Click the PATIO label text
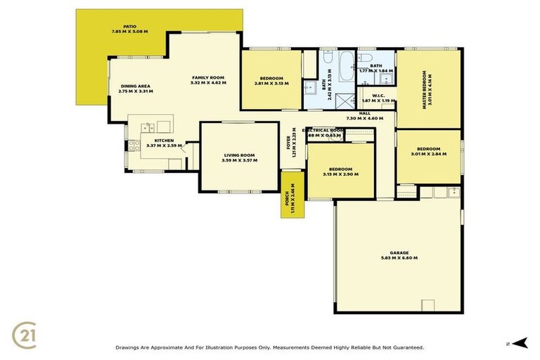click(x=129, y=25)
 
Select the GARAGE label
click(x=399, y=252)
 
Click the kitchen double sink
click(x=148, y=127)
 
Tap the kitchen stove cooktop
click(x=131, y=146)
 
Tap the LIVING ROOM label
click(x=239, y=155)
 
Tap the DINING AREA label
click(x=135, y=86)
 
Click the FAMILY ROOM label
click(x=207, y=77)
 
